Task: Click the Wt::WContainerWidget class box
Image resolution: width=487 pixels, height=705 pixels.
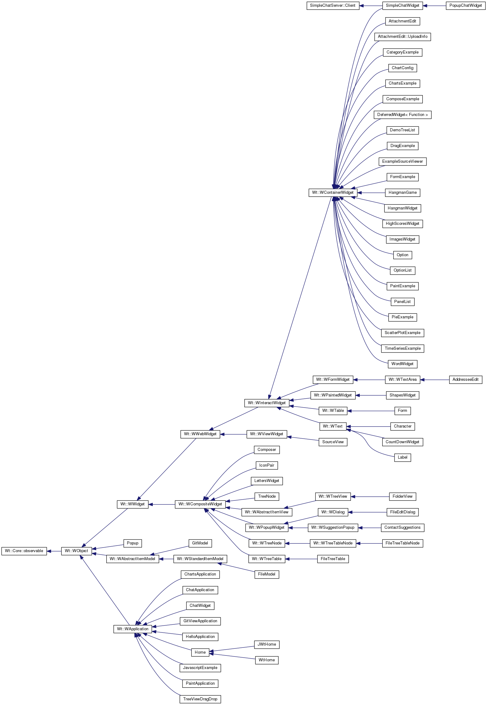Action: (x=333, y=193)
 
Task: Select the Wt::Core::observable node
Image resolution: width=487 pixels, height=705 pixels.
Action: (x=24, y=551)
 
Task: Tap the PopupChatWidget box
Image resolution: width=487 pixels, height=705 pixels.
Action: (x=465, y=6)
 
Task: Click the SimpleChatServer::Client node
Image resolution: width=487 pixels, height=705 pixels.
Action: (x=333, y=6)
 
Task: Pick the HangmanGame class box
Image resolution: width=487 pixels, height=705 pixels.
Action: (x=403, y=193)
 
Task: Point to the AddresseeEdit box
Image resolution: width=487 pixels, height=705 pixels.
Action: (x=465, y=380)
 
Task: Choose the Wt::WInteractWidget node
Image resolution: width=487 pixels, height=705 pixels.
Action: (x=267, y=403)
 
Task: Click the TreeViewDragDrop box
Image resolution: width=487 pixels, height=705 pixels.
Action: (x=200, y=699)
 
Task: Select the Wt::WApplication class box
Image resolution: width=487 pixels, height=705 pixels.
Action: (x=133, y=629)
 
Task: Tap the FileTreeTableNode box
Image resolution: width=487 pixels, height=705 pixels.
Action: (x=403, y=543)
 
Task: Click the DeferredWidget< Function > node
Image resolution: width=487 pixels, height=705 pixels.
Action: (x=403, y=115)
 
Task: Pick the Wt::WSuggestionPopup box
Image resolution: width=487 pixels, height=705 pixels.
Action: (x=333, y=528)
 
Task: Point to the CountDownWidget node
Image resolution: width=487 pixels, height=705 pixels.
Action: (x=403, y=442)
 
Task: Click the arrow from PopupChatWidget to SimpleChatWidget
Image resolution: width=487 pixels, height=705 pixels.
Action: (x=434, y=6)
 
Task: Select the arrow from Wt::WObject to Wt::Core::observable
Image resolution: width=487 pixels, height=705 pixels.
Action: (x=54, y=551)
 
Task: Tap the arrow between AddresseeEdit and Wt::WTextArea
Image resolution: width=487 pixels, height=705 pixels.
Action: (x=434, y=380)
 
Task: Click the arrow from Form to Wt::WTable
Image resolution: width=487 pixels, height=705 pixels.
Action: (x=371, y=411)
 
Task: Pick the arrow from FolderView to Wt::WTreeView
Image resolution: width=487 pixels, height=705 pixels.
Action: (x=370, y=496)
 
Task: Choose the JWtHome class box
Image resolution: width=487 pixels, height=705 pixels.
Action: (x=267, y=644)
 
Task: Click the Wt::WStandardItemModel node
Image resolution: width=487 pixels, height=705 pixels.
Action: (x=200, y=559)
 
